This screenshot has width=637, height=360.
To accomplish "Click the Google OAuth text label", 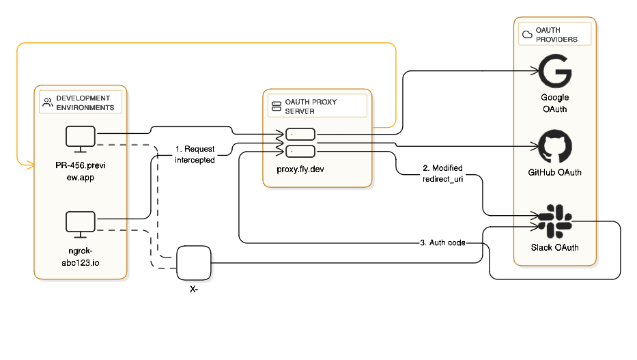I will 554,103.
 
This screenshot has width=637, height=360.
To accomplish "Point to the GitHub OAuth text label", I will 554,173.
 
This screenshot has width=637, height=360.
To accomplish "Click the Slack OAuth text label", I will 554,247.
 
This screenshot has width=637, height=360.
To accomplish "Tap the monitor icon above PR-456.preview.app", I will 80,139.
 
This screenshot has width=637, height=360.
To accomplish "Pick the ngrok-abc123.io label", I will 80,256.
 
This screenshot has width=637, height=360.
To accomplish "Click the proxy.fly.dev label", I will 300,169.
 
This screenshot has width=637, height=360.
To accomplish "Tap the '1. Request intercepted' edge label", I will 195,154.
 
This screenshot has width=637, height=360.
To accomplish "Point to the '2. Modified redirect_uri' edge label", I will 442,172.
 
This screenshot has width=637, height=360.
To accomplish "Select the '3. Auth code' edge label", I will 442,243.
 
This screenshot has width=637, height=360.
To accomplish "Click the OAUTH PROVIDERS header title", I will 556,36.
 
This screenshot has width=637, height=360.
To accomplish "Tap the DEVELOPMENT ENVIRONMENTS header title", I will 85,103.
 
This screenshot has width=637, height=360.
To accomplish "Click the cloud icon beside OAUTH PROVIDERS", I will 527,35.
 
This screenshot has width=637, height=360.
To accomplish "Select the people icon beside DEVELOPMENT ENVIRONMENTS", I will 47,103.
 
